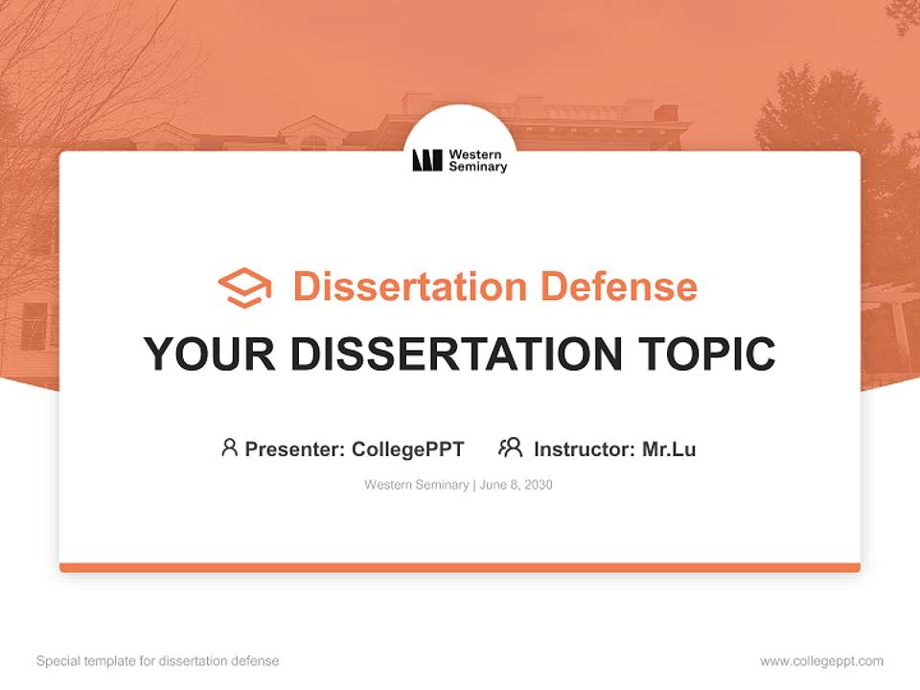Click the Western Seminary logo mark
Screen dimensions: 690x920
427,160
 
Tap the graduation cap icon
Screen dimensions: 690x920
244,287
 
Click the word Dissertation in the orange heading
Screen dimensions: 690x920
410,287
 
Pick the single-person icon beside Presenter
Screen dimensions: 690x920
229,448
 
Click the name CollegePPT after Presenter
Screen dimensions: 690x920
407,448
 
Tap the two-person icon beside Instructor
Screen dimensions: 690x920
511,448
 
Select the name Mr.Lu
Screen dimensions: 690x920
669,448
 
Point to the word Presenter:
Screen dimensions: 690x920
295,448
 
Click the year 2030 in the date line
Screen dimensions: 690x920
538,485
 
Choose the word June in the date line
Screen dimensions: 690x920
493,485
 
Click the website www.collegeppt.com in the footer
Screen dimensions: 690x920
822,661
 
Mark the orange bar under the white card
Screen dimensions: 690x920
460,567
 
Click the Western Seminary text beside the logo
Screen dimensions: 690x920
477,160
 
